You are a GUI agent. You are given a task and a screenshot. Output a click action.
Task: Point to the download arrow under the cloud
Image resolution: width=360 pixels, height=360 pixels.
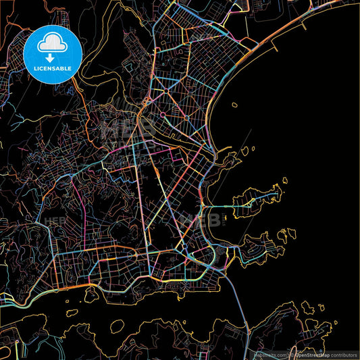tap(51, 58)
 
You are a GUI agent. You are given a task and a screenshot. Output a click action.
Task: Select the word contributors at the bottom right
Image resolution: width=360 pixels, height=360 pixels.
tap(344, 354)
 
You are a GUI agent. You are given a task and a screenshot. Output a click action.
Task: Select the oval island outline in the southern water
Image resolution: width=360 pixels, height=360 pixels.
tap(117, 326)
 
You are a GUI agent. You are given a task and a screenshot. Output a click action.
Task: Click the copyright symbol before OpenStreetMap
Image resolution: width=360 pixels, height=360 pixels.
tap(292, 354)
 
